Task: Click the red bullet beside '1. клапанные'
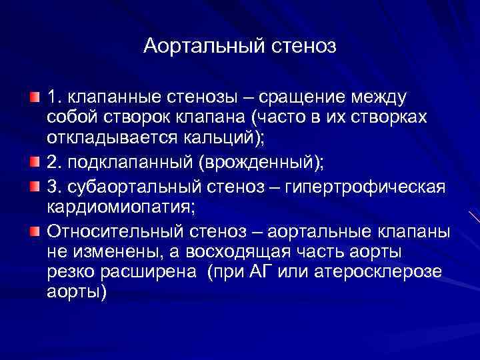pos(34,99)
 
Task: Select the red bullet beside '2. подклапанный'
pos(34,161)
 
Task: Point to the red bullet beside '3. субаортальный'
pos(34,184)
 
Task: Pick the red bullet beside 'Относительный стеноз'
pos(34,232)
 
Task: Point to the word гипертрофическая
pos(364,185)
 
